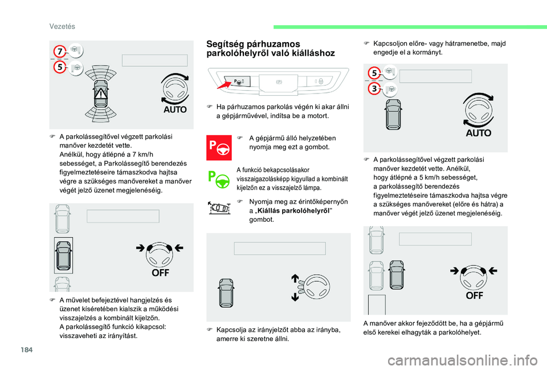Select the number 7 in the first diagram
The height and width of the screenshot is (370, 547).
pos(59,52)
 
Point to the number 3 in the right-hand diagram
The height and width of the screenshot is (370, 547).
pos(374,89)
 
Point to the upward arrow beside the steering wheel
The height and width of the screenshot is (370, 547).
pos(296,279)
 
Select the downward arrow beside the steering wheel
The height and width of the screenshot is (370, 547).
pos(296,296)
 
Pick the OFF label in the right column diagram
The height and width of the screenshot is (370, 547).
pos(475,295)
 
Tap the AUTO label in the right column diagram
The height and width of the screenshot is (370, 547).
pos(478,132)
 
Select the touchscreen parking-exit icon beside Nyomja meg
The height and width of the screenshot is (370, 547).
pos(219,207)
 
